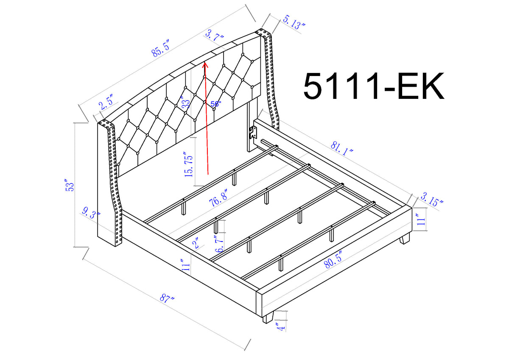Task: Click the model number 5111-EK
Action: pyautogui.click(x=374, y=86)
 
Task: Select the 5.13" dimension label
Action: pyautogui.click(x=294, y=22)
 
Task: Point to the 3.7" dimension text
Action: pyautogui.click(x=214, y=34)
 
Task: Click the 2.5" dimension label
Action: pyautogui.click(x=106, y=103)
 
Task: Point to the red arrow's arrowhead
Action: pyautogui.click(x=204, y=65)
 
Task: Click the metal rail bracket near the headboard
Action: pyautogui.click(x=254, y=132)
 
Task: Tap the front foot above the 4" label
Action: pyautogui.click(x=268, y=318)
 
